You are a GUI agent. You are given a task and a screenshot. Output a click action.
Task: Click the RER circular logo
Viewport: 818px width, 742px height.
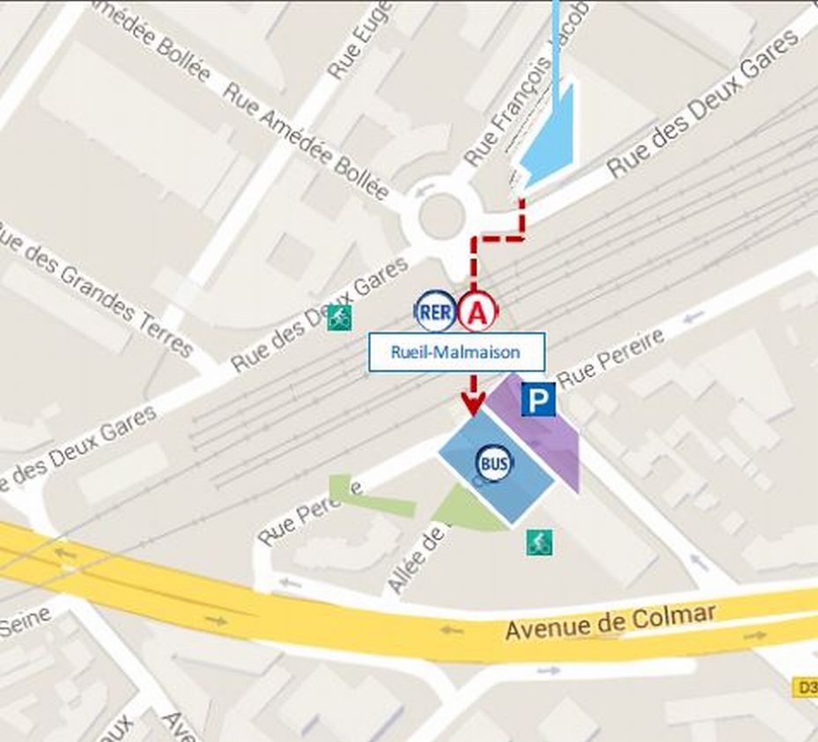pyautogui.click(x=436, y=311)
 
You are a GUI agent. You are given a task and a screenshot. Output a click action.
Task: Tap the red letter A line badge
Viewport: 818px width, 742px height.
pyautogui.click(x=477, y=311)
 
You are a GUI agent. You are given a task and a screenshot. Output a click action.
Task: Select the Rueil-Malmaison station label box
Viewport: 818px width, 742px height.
pyautogui.click(x=455, y=352)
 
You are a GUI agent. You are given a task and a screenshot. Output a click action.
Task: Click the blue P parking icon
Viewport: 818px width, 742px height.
pyautogui.click(x=538, y=400)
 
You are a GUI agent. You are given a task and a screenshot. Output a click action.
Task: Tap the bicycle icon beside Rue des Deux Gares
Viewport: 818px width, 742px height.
pyautogui.click(x=339, y=318)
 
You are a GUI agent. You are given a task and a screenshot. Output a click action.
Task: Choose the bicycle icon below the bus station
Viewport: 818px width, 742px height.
pyautogui.click(x=539, y=542)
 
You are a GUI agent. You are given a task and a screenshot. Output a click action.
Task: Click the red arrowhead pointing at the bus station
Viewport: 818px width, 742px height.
pyautogui.click(x=473, y=405)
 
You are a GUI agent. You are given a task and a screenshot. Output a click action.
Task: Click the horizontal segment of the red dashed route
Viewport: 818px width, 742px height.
pyautogui.click(x=498, y=238)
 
